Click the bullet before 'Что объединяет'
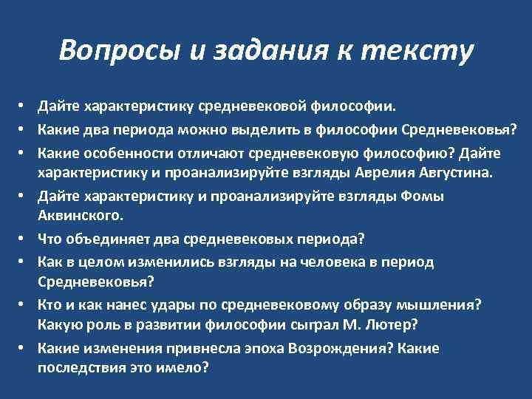[x=24, y=239]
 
